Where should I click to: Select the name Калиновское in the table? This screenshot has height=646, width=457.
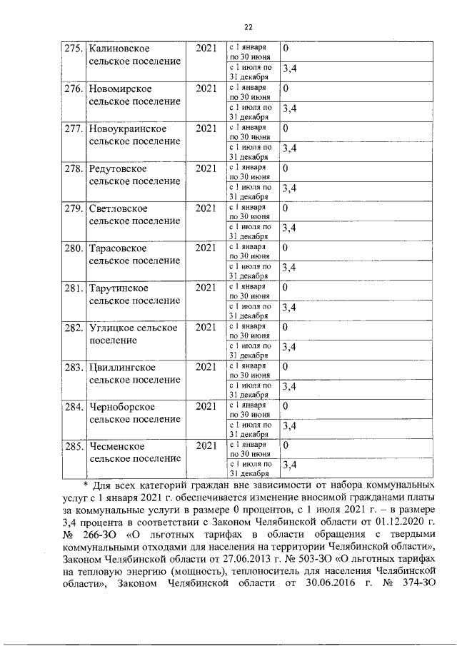tap(119, 49)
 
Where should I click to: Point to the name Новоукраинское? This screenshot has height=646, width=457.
tap(128, 128)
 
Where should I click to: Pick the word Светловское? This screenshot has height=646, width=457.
tap(119, 208)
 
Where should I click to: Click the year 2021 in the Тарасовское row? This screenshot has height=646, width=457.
tap(206, 248)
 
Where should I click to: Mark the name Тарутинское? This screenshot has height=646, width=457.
tap(119, 288)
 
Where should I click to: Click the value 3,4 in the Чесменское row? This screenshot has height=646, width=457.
tap(290, 465)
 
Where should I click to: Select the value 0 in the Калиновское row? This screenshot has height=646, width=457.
tap(286, 49)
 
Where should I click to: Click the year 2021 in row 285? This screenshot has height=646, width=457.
tap(206, 445)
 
